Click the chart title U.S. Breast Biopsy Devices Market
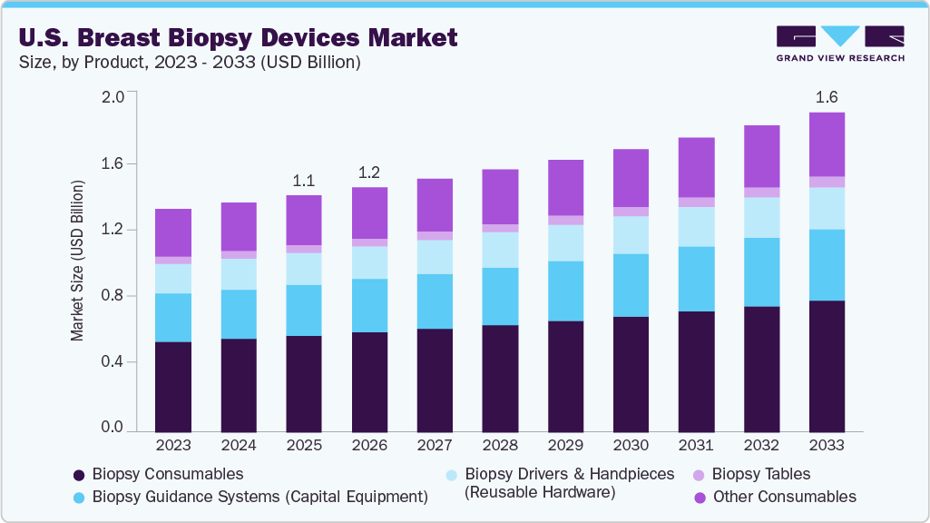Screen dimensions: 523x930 (237, 37)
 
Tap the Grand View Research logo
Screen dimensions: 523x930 (840, 43)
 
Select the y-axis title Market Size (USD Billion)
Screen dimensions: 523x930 (77, 261)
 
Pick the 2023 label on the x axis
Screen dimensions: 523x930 (173, 446)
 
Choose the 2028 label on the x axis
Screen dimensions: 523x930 (500, 446)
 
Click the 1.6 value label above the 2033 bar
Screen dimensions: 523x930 (827, 97)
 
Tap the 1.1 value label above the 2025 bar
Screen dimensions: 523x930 (303, 180)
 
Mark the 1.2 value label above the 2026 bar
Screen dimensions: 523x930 (369, 172)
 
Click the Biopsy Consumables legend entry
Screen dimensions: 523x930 (158, 474)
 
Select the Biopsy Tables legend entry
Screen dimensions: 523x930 (760, 474)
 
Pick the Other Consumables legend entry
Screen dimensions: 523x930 (784, 497)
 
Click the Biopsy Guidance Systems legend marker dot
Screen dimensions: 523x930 (79, 498)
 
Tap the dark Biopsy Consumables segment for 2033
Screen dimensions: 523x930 (827, 366)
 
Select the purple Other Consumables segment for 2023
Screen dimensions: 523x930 (173, 232)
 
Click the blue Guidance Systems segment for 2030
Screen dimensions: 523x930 (631, 285)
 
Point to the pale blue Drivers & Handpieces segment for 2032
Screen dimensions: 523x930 (761, 218)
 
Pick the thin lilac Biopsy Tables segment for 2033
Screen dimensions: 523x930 (827, 182)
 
